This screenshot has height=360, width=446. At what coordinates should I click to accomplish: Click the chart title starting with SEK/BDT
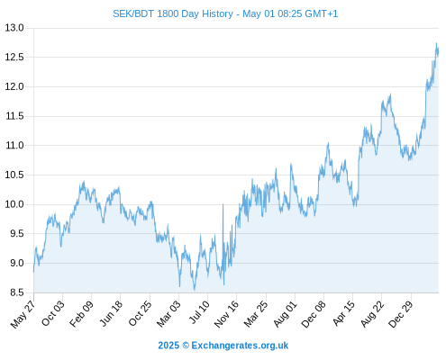[225, 13]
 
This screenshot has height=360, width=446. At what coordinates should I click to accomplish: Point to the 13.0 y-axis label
[14, 28]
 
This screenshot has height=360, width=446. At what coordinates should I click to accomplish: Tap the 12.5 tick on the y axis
[14, 57]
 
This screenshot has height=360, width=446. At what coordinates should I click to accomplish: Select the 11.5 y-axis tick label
[14, 116]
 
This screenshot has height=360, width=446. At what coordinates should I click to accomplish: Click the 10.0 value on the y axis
[14, 204]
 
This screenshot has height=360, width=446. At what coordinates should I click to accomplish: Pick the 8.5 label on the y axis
[17, 292]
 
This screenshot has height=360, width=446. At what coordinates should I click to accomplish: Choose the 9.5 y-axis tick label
[17, 234]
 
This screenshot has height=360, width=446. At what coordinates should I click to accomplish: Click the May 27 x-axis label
[23, 314]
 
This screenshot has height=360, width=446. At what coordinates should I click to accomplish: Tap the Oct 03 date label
[52, 313]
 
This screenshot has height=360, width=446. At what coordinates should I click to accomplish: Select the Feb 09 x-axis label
[81, 313]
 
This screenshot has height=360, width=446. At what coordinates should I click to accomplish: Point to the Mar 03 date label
[168, 313]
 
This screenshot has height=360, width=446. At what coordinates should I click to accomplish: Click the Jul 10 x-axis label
[199, 312]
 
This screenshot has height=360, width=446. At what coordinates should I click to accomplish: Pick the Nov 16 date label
[226, 314]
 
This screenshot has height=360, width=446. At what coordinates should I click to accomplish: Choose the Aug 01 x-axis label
[286, 313]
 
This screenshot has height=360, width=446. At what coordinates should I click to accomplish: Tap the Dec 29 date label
[401, 314]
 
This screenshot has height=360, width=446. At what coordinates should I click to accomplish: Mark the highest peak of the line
[436, 43]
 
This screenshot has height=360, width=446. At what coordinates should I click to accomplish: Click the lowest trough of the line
[195, 290]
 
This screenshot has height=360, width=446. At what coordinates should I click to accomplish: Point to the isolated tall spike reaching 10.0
[223, 204]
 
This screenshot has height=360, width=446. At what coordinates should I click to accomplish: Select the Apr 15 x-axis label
[344, 313]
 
